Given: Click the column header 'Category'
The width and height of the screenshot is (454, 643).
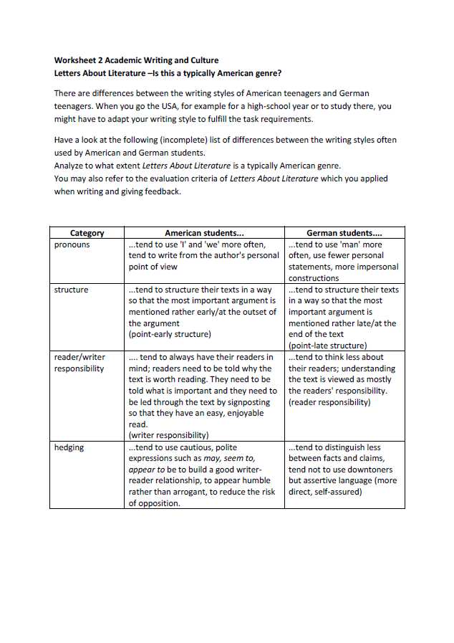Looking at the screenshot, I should [x=87, y=233].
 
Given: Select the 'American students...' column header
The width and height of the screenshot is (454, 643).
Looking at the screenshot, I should [x=204, y=233].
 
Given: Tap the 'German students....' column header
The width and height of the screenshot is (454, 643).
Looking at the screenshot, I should [x=344, y=233].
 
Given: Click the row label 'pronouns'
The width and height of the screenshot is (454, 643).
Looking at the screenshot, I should [x=72, y=244].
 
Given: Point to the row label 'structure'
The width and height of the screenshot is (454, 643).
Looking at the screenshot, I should [x=72, y=290].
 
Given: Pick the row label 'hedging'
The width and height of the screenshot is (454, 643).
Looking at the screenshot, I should [x=69, y=447].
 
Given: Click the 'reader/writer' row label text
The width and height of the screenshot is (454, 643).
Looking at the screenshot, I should [x=79, y=357].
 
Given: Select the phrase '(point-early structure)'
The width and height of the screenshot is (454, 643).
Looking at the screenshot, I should [x=170, y=334].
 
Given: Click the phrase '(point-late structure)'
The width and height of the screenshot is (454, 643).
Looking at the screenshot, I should [x=327, y=346].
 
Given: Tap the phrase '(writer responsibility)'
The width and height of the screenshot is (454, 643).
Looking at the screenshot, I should [x=168, y=435].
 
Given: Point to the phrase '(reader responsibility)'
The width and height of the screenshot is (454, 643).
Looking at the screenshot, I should [x=329, y=402].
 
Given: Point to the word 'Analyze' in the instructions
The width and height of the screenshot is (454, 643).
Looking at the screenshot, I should [x=70, y=166].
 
